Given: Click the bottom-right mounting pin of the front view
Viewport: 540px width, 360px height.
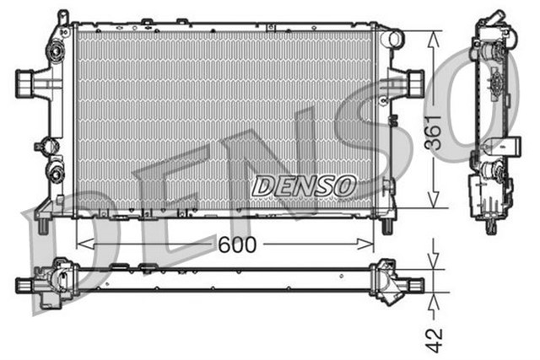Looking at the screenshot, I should tap(387, 225).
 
